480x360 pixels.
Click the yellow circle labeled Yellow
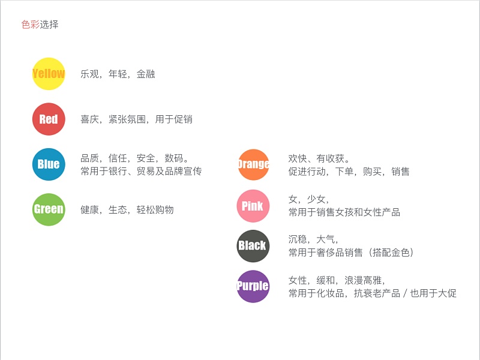49,74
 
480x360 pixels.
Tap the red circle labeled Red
49,119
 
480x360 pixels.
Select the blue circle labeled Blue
49,164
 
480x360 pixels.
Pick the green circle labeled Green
49,209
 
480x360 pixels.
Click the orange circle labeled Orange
254,164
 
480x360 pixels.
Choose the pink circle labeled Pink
253,206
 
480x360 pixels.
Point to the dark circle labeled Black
253,245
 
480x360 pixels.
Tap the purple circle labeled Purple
253,286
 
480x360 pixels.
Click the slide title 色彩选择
40,25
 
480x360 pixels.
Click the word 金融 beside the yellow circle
145,74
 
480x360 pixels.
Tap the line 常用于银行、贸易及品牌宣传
141,172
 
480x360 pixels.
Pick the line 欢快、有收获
319,158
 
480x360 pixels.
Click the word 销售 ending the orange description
400,172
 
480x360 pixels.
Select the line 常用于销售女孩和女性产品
344,212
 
